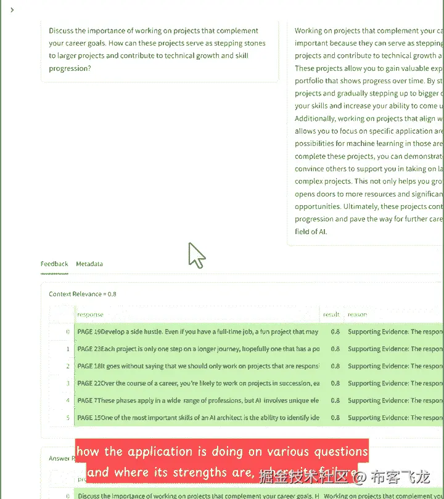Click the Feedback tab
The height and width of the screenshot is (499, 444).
point(54,264)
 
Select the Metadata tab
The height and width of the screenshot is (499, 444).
point(89,264)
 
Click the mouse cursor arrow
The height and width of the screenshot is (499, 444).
point(195,254)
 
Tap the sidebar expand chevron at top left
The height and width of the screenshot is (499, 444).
point(12,10)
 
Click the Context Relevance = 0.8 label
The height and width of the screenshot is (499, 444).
point(83,294)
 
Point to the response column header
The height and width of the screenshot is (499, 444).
point(91,315)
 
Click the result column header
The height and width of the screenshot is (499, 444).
point(331,315)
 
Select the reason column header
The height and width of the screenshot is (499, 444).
point(358,315)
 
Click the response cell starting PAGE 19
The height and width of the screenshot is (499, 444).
point(197,332)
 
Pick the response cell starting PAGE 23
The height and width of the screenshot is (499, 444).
point(197,349)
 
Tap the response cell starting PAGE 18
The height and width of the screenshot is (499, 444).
point(197,366)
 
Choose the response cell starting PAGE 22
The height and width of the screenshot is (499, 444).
point(197,383)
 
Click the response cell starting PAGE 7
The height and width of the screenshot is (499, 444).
point(197,400)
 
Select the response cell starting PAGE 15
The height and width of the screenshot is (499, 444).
point(197,418)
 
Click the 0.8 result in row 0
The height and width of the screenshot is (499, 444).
point(335,332)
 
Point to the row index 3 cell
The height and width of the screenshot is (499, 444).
point(67,383)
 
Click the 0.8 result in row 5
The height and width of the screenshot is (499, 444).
point(335,418)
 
